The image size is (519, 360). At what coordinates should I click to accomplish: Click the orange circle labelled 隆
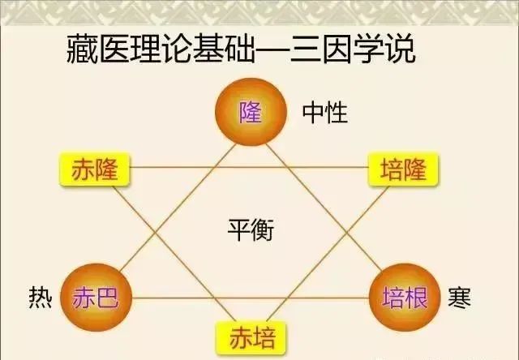point(251,112)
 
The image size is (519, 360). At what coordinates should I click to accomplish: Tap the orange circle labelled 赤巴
point(96,297)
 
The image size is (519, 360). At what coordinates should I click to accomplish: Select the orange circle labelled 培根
point(405,297)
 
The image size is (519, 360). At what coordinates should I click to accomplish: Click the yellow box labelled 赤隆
point(95,169)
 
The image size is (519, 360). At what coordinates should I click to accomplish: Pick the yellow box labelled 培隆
point(403,169)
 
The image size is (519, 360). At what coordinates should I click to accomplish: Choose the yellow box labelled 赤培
point(251,338)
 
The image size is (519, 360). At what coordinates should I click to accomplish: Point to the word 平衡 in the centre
point(251,230)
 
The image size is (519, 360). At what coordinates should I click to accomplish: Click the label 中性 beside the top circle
point(325,113)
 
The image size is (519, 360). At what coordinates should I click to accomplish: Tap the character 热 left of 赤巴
point(41,297)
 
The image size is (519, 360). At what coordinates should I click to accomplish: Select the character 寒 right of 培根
point(460,298)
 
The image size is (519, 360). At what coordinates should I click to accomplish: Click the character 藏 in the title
point(82,49)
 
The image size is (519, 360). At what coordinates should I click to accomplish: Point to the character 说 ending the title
point(401,49)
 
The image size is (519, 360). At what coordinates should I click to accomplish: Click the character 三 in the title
point(306,49)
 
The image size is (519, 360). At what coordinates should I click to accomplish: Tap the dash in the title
point(273,50)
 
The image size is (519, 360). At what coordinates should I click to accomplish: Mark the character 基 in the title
point(209,49)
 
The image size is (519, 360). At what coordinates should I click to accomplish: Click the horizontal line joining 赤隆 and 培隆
point(249,167)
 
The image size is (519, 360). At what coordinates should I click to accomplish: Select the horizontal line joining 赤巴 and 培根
point(251,298)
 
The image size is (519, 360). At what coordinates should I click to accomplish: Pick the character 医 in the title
point(114,49)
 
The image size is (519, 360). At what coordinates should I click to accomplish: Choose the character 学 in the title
point(369,49)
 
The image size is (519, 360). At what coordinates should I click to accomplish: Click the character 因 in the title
point(337,49)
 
